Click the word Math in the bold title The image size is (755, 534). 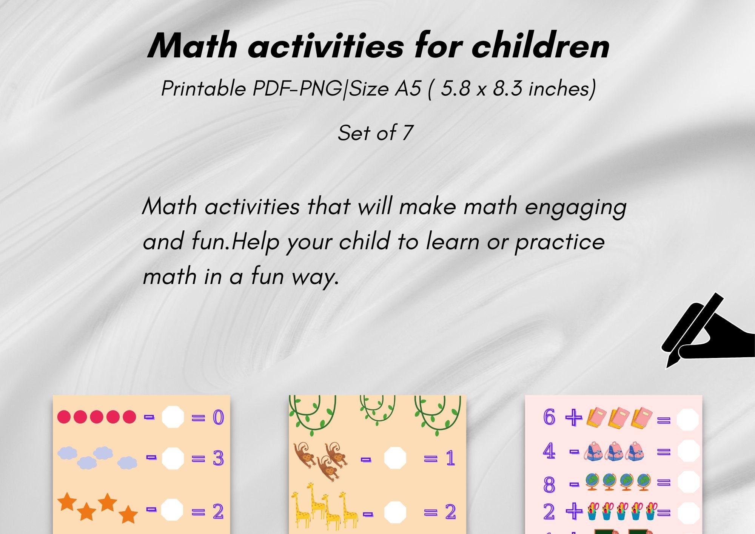[192, 46]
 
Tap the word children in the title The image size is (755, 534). [541, 46]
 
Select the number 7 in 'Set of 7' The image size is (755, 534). [407, 133]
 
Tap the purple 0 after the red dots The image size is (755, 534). [218, 417]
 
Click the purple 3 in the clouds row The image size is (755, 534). [218, 458]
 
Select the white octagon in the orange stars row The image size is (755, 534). [172, 510]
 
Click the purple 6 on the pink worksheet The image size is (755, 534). [549, 417]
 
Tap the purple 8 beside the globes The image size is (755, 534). [549, 485]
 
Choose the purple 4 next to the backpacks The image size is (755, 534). [549, 451]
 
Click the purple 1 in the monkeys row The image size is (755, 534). [450, 458]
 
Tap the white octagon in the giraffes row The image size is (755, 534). [395, 512]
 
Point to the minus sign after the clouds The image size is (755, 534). [151, 457]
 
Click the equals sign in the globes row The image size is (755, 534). [664, 482]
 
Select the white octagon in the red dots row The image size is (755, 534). [173, 417]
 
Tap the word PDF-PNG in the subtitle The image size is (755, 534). [297, 89]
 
